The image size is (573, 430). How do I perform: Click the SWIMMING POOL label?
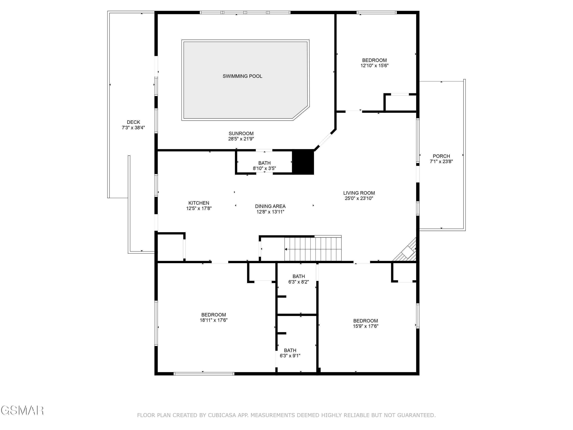point(242,76)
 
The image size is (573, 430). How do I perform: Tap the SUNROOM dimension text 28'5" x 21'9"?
point(241,139)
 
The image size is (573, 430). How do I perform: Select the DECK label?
point(133,122)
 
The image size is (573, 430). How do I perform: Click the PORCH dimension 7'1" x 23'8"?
point(441,161)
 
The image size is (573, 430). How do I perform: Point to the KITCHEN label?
point(199,203)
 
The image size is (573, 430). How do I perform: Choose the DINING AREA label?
point(270,206)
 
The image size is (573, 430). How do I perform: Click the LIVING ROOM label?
point(359,193)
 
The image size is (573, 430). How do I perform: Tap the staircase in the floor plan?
point(313,249)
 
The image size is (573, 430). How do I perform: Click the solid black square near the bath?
point(303,162)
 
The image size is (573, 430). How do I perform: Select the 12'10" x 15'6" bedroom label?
point(374,60)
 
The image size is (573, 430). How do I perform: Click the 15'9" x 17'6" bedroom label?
point(365,321)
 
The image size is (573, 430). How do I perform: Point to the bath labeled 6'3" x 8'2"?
point(298,279)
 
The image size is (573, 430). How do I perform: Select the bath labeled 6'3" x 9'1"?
point(290,353)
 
